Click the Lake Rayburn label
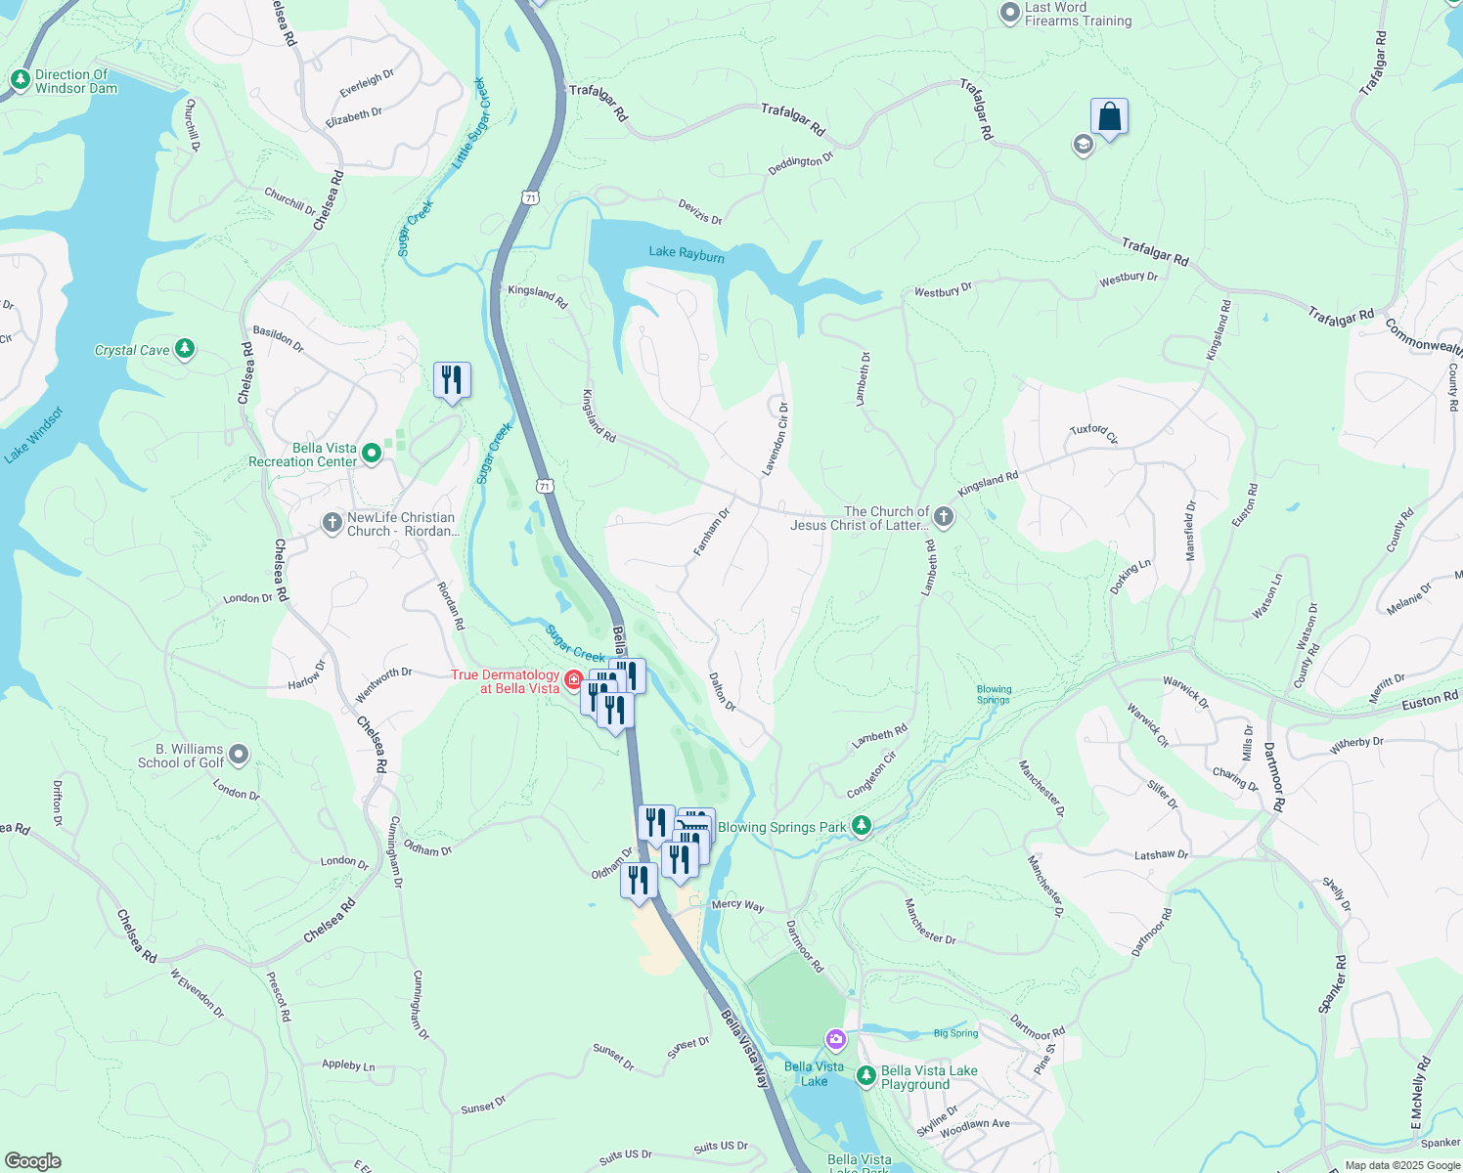pos(687,254)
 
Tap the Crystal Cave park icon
pos(185,349)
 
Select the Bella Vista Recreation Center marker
pos(372,454)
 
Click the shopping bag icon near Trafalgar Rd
pos(1109,117)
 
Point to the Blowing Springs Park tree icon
pos(862,826)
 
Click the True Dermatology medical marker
pos(574,679)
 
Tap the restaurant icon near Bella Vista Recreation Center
pos(452,379)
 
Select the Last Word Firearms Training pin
pos(1010,14)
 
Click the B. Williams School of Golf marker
pos(239,755)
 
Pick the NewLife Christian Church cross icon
pos(332,523)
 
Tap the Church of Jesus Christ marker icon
pos(943,516)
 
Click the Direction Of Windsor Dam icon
pos(20,80)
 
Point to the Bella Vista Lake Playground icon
pos(865,1076)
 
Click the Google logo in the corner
pos(32,1160)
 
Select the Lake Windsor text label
pos(33,435)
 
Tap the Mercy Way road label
pos(737,905)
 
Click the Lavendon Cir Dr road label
pos(776,439)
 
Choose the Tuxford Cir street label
pos(1092,433)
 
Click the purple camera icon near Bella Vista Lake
pos(835,1038)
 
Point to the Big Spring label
pos(955,1033)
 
